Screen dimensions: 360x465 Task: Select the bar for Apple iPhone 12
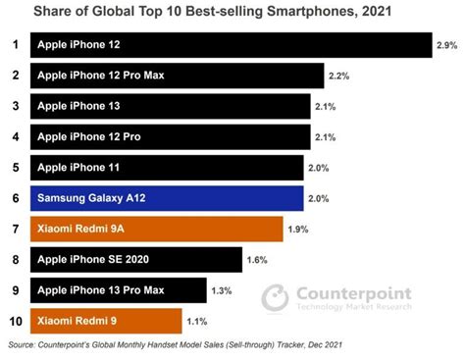point(232,46)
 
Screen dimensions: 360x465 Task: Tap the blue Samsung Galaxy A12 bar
point(167,198)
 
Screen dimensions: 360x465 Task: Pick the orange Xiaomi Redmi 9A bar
point(157,229)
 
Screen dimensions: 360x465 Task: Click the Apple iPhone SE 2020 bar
point(136,260)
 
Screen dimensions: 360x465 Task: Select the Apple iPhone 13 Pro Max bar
point(119,290)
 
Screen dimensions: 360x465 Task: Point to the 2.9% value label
point(446,46)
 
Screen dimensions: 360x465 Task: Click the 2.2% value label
point(338,77)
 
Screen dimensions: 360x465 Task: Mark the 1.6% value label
point(257,260)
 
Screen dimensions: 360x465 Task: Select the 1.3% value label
point(222,290)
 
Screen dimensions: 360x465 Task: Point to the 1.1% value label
point(196,321)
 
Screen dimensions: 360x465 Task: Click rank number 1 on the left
point(14,45)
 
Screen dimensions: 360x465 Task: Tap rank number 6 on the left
point(14,198)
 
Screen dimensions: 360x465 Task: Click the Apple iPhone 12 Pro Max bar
point(178,77)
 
